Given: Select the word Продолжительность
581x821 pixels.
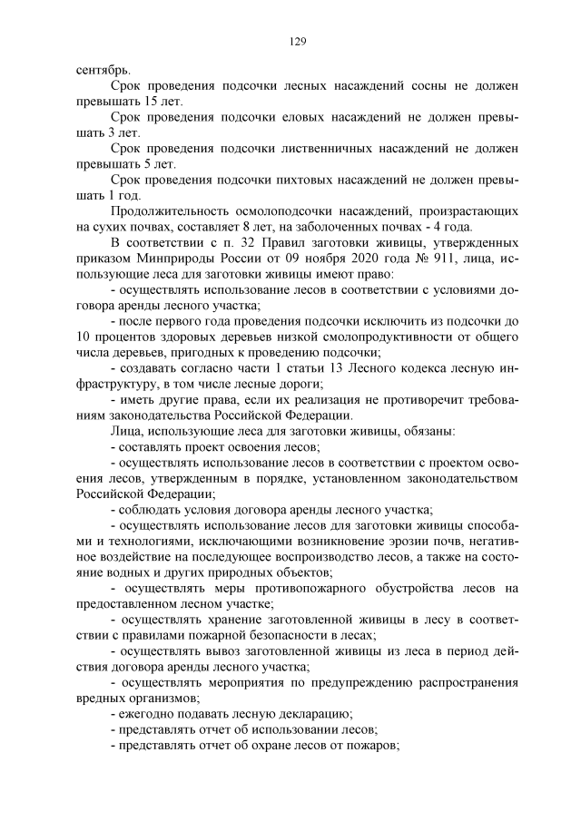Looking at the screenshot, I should click(x=173, y=211).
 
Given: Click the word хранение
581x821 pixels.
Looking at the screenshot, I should click(x=225, y=620).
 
